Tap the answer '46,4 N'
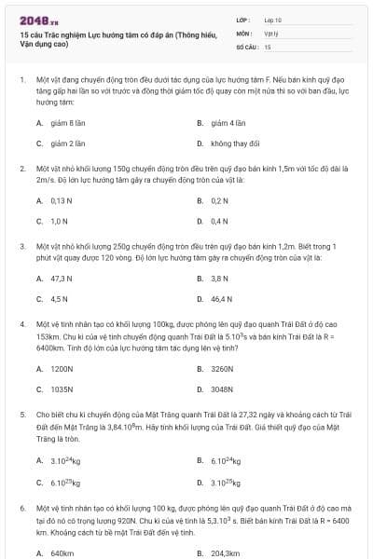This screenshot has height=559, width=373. (x=221, y=299)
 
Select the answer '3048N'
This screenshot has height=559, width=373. (x=222, y=389)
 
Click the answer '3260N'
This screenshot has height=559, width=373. (x=222, y=368)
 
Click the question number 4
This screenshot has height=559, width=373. (x=21, y=323)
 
